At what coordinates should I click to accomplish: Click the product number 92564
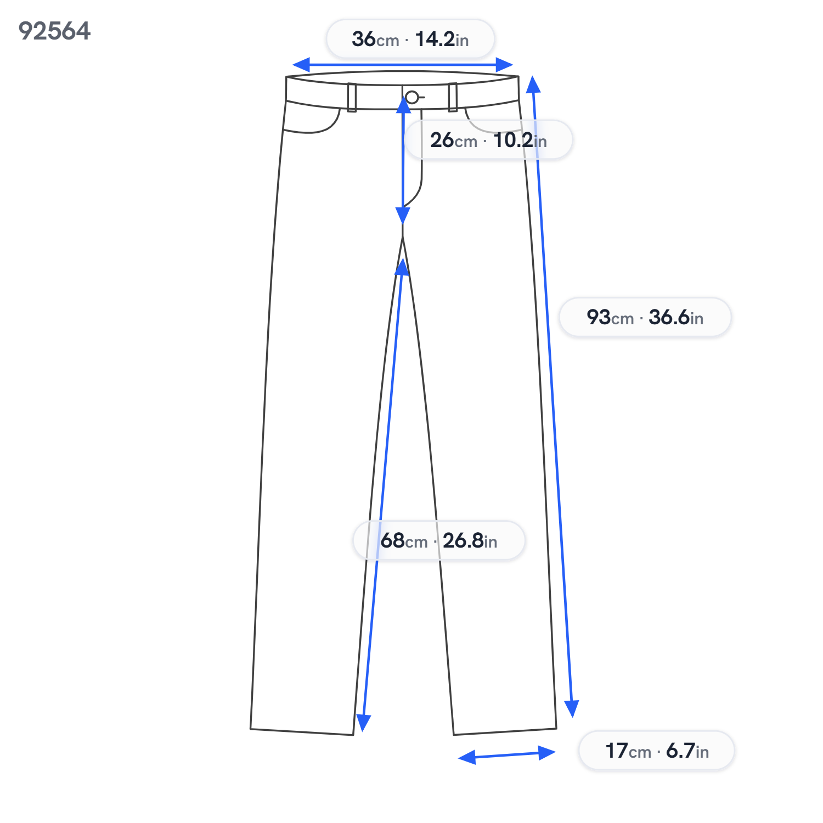coord(54,31)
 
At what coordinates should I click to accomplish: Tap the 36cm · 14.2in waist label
coord(410,39)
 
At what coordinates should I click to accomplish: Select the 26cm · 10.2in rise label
coord(488,140)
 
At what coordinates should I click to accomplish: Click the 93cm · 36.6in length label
coord(645,317)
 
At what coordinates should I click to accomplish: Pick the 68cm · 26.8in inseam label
coord(439,540)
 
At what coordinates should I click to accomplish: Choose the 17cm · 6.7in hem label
coord(657,751)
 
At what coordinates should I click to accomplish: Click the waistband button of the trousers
coord(412,98)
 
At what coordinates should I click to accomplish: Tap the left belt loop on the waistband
coord(352,98)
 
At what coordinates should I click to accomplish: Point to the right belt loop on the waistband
coord(453,97)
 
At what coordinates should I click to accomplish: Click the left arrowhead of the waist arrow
coord(301,65)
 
